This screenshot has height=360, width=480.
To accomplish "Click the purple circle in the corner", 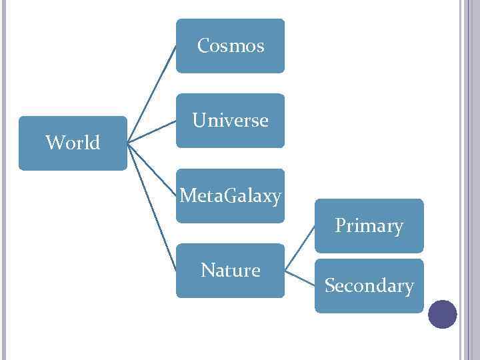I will pyautogui.click(x=442, y=314).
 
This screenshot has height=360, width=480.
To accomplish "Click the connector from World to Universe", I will pyautogui.click(x=151, y=131).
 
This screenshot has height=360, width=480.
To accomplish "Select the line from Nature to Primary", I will pyautogui.click(x=299, y=249).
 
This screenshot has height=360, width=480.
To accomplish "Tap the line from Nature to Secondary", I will pyautogui.click(x=299, y=278).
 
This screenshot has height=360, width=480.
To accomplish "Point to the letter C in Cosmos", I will pyautogui.click(x=203, y=46).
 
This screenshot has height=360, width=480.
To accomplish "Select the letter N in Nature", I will pyautogui.click(x=207, y=271).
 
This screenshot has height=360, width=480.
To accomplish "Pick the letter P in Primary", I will pyautogui.click(x=340, y=226).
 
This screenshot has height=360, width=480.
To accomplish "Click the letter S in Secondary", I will pyautogui.click(x=329, y=286).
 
